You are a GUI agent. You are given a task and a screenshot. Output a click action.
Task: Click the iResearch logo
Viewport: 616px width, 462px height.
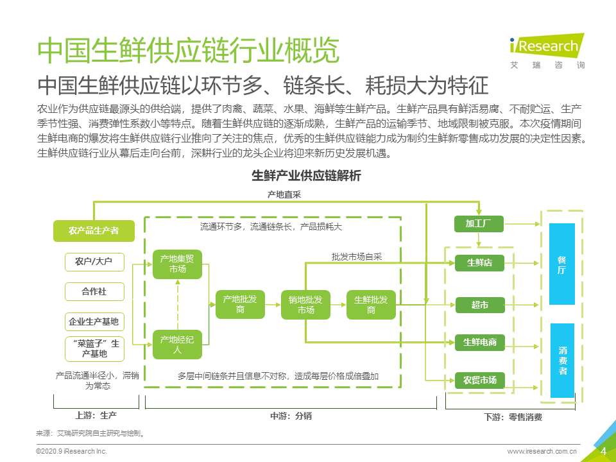(547, 51)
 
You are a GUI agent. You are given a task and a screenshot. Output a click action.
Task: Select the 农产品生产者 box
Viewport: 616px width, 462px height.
(94, 230)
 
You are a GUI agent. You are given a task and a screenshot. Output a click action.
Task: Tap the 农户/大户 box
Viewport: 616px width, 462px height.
(94, 262)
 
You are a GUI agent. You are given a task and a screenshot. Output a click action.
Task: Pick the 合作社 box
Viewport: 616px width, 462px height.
(94, 291)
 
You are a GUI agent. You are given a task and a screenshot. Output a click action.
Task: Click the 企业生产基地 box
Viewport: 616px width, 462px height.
(94, 321)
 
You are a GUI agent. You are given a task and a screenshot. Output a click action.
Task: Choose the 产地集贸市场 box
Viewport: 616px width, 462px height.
(177, 264)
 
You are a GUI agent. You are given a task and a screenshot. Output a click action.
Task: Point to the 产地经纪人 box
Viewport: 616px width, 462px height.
(177, 345)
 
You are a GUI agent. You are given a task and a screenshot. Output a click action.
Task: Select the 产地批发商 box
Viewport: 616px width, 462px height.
(240, 304)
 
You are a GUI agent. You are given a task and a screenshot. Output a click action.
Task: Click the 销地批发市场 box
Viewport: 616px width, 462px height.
(305, 304)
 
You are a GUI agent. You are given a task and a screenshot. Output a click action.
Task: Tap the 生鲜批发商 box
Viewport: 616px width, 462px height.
(371, 304)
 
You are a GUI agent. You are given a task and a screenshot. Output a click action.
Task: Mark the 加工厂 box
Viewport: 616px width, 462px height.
(479, 224)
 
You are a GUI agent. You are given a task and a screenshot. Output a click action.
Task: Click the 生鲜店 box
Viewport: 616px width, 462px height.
(480, 263)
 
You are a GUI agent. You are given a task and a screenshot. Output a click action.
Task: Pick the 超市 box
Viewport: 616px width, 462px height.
(480, 305)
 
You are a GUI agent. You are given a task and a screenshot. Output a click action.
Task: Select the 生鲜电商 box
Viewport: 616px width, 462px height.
(480, 343)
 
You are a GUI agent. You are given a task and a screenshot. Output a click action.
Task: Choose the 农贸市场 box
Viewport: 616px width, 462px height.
(480, 381)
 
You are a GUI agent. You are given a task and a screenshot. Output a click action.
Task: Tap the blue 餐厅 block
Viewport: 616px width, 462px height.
(562, 264)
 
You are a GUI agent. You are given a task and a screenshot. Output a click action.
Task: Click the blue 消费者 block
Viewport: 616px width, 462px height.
(563, 360)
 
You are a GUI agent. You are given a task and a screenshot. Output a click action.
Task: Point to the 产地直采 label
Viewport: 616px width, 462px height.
(284, 194)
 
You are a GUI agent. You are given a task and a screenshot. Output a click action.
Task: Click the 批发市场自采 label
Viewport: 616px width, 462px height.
(357, 257)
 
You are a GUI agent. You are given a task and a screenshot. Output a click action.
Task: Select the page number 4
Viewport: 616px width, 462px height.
(603, 451)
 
